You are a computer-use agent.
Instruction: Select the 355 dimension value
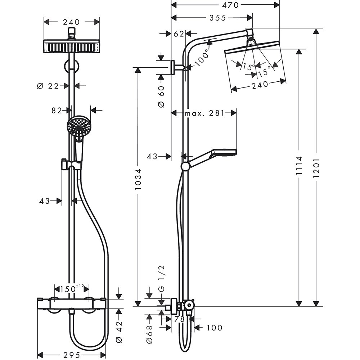click(x=216, y=18)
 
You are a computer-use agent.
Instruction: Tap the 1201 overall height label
click(x=316, y=168)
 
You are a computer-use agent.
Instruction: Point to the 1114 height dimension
click(x=298, y=168)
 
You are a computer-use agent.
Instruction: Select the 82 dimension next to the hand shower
click(x=57, y=111)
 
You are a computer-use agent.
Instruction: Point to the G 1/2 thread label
click(x=161, y=278)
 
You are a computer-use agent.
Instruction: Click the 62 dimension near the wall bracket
click(x=179, y=34)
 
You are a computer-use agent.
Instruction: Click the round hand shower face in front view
click(x=78, y=126)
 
